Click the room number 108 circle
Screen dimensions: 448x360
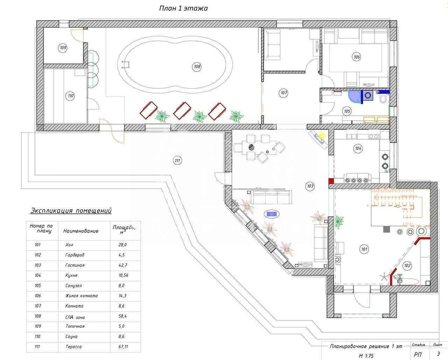pyautogui.click(x=197, y=67)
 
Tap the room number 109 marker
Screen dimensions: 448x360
pyautogui.click(x=63, y=48)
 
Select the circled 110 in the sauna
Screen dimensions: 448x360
pyautogui.click(x=71, y=96)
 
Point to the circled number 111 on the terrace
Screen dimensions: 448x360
pyautogui.click(x=177, y=160)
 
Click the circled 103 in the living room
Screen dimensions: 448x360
pyautogui.click(x=310, y=186)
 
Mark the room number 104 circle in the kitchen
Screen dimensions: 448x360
pyautogui.click(x=358, y=148)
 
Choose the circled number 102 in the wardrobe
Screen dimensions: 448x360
pyautogui.click(x=407, y=266)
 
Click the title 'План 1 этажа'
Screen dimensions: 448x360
pyautogui.click(x=183, y=8)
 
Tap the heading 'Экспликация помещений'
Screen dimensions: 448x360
pyautogui.click(x=71, y=210)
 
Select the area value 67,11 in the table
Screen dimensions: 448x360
pyautogui.click(x=123, y=347)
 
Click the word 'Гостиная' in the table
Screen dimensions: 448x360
pyautogui.click(x=75, y=265)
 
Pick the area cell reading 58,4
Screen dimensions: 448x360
pyautogui.click(x=122, y=316)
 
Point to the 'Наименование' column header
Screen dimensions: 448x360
pyautogui.click(x=81, y=231)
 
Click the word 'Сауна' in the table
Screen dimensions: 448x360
pyautogui.click(x=71, y=337)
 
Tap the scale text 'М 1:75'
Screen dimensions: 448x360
pyautogui.click(x=366, y=356)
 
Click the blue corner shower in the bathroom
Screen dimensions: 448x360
pyautogui.click(x=355, y=97)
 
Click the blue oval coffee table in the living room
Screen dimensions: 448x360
pyautogui.click(x=272, y=214)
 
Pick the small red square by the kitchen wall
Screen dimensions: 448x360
pyautogui.click(x=331, y=181)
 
